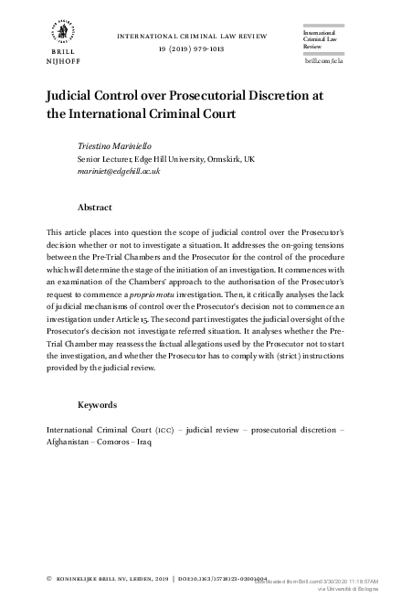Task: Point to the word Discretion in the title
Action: tap(279, 95)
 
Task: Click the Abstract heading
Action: tap(95, 208)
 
